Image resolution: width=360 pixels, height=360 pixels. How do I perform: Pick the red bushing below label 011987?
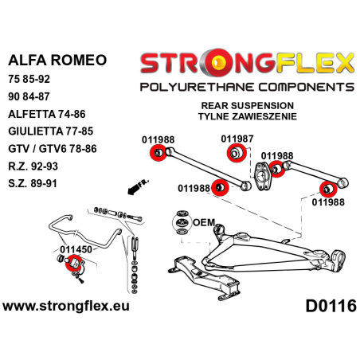click(234, 152)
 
